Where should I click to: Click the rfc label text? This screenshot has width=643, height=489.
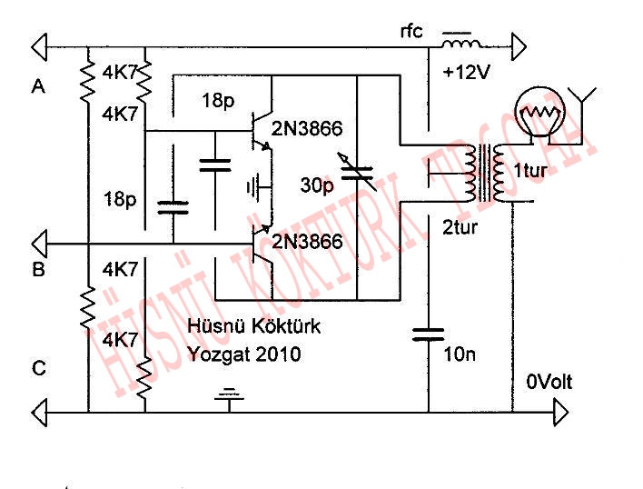coord(411,32)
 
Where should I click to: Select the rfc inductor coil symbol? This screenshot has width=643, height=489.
coord(460,44)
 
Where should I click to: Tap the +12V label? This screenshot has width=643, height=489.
coord(467,73)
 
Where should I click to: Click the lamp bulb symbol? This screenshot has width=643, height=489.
coord(539,115)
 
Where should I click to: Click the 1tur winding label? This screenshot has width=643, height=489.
coord(529,171)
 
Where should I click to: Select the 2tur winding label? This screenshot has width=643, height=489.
coord(460,227)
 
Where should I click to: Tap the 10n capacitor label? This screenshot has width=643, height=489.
coord(460,354)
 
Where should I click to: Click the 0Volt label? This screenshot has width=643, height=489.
coord(549,383)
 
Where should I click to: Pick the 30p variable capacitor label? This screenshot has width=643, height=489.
coord(317,185)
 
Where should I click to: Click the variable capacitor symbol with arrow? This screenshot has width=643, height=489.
coord(357,172)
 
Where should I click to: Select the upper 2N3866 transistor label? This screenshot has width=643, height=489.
coord(306,129)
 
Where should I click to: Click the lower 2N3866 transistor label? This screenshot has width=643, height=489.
coord(307,241)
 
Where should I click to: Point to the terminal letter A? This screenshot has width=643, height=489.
coord(38,86)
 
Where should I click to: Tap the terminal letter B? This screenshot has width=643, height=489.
coord(38,270)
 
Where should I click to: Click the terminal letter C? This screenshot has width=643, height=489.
coord(38,368)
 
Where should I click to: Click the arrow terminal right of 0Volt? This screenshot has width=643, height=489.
coord(561,413)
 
